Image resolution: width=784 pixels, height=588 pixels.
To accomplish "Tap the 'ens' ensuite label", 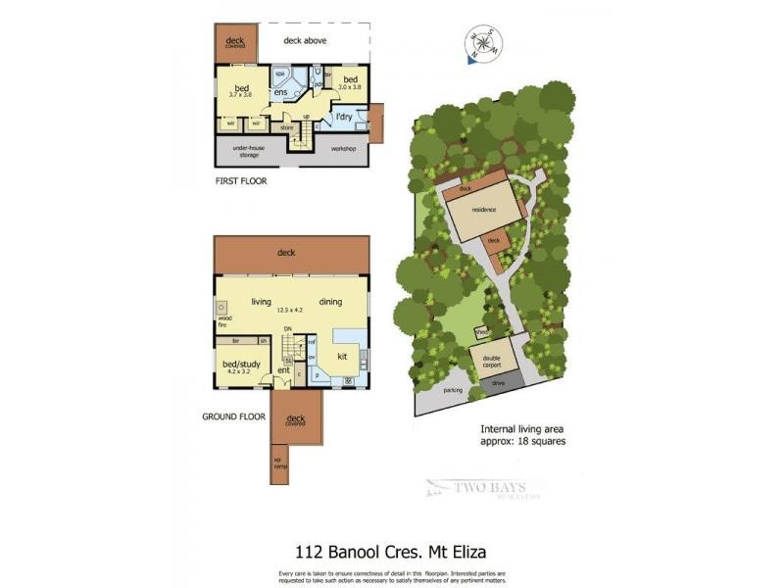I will (x=280, y=93).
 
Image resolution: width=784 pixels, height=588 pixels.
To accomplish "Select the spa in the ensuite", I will (x=279, y=74).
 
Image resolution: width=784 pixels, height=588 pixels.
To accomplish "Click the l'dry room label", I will (x=344, y=118).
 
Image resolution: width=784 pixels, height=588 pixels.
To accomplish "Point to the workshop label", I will (x=342, y=149).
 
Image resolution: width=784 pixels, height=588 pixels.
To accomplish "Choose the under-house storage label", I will (x=251, y=150).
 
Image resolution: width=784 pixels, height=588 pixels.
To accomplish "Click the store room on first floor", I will (x=287, y=127).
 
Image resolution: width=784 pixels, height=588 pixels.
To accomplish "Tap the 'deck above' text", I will (x=305, y=41).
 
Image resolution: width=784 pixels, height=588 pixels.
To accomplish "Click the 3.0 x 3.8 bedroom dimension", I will (x=350, y=87).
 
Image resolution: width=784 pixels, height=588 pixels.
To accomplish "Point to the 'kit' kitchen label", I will (x=343, y=357).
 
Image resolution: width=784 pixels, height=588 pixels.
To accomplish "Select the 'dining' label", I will (x=330, y=302).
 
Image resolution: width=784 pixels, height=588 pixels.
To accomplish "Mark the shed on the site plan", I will (x=481, y=332).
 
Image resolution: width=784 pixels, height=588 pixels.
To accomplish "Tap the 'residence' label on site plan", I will (x=484, y=210).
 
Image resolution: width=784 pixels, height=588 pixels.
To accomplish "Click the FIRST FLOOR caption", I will (x=240, y=181).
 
